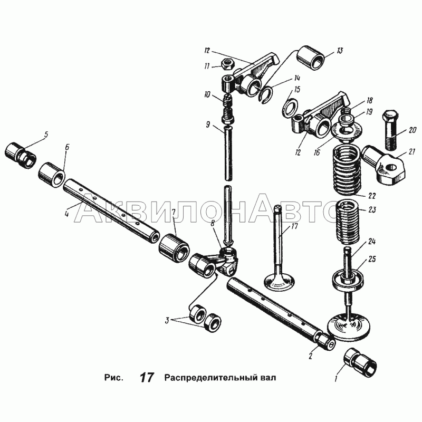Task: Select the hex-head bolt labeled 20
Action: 389,130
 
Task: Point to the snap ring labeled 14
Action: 267,95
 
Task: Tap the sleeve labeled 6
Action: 52,175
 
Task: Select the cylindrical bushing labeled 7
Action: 174,248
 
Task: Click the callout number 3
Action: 167,321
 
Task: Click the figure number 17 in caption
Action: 147,378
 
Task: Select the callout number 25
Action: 372,259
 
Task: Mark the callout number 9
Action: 207,125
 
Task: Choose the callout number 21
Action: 411,152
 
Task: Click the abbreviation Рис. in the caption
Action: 113,378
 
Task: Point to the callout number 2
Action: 310,356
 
